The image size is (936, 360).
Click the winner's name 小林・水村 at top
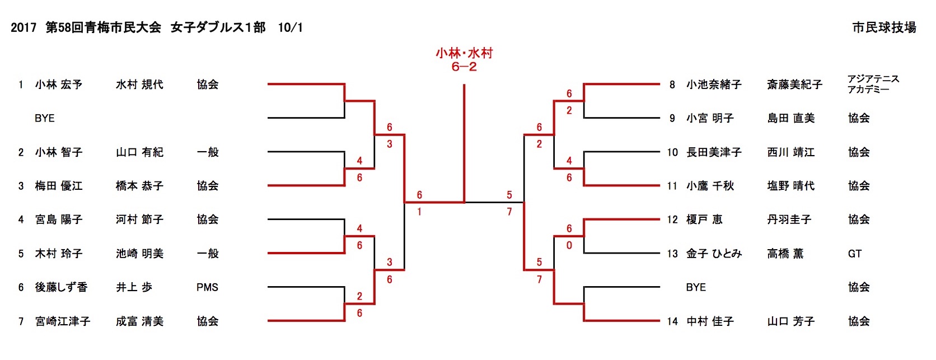(x=464, y=53)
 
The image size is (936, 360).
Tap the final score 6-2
(x=464, y=67)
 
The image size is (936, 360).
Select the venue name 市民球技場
(x=884, y=27)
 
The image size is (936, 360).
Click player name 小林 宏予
(x=59, y=85)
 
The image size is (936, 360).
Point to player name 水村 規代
(x=139, y=85)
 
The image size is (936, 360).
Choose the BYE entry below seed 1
(x=45, y=118)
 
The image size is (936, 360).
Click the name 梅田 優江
(x=59, y=186)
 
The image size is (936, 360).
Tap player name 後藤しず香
(x=62, y=287)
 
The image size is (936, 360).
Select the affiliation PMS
(x=207, y=287)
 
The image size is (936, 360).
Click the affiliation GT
(x=855, y=254)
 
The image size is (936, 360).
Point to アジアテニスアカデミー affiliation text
(x=873, y=84)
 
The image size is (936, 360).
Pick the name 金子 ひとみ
(x=714, y=254)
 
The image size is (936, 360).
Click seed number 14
(x=672, y=321)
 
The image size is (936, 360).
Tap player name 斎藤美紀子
(x=794, y=85)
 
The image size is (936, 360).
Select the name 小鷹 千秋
(x=710, y=186)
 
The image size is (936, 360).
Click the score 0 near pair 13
(x=569, y=245)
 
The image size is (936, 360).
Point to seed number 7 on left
(x=21, y=321)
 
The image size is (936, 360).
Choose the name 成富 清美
(x=139, y=321)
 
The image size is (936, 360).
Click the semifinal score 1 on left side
(x=419, y=212)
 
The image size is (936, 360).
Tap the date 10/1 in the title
(x=291, y=27)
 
